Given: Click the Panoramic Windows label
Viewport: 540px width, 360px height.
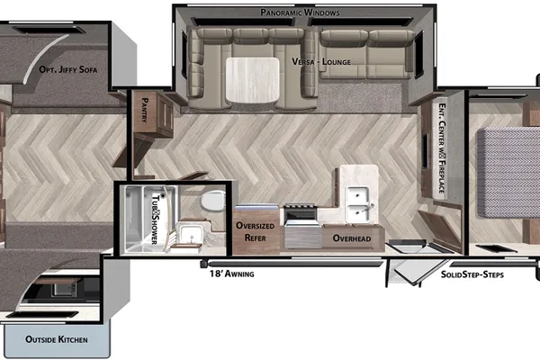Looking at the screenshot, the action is point(300,13).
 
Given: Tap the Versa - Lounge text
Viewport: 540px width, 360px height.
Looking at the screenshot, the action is point(321,62).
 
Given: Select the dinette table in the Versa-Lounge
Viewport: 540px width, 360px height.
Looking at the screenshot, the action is point(252,80).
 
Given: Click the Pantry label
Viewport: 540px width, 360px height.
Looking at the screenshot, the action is point(145,110).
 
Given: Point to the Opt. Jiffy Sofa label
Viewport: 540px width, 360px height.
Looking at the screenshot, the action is point(68,69).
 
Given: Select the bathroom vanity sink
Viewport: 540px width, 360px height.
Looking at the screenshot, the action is point(189,234).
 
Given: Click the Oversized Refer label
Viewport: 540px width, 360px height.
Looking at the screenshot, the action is point(256,231).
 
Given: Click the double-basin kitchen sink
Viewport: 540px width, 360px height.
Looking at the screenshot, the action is point(359,204).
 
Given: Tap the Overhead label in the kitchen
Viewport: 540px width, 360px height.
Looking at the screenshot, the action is point(352,238).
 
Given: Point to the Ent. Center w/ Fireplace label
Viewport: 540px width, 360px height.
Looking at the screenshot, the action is point(442,148).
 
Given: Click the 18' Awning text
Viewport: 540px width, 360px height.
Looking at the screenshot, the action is point(232,274).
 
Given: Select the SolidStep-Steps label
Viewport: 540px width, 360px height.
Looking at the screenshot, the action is point(472,274).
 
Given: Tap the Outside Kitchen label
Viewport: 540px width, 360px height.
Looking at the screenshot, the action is point(57,339).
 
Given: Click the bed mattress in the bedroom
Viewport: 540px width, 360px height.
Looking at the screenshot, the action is point(508,172).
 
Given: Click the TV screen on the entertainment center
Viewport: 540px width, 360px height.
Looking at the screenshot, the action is point(426,150).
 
